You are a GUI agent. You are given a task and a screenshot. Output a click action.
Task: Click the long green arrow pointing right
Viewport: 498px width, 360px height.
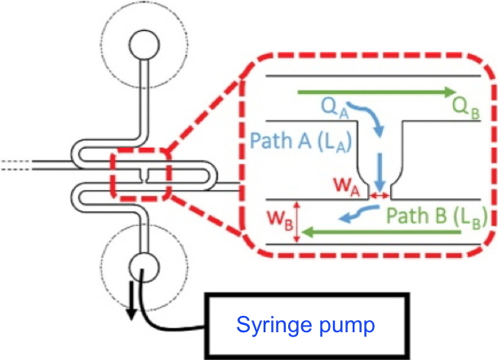click(376, 91)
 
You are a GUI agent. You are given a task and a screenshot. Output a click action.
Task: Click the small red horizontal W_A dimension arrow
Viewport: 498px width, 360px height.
click(379, 196)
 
